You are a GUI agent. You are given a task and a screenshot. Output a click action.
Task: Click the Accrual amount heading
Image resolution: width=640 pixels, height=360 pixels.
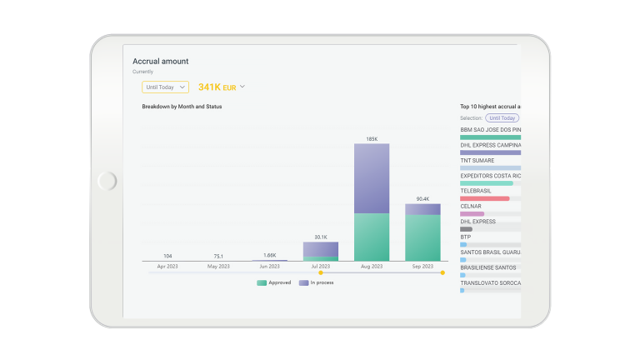[x=160, y=61]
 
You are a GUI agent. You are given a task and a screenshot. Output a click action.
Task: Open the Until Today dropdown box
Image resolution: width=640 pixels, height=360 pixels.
[x=165, y=87]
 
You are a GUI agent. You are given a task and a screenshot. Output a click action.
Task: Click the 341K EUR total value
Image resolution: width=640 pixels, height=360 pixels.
[x=217, y=87]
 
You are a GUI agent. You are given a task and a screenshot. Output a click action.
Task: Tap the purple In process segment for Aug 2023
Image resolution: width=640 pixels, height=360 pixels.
[x=372, y=178]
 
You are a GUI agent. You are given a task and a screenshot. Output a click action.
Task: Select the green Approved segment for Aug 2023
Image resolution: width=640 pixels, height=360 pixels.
[x=372, y=237]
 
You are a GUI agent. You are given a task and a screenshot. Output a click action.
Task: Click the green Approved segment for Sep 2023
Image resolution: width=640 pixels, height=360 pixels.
[x=422, y=238]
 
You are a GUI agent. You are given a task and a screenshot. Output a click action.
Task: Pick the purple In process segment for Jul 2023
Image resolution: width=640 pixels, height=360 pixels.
[x=320, y=249]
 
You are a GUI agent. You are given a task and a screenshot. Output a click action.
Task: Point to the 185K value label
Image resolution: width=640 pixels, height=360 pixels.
[x=372, y=139]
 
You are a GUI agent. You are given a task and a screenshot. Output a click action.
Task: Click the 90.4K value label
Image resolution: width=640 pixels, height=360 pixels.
[x=422, y=199]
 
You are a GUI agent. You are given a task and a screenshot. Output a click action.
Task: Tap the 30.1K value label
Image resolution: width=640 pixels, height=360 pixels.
[x=321, y=237]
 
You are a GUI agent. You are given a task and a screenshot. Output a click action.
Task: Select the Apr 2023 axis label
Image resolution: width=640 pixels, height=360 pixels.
[x=167, y=267]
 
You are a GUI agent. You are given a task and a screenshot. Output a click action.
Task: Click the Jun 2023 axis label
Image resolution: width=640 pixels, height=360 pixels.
[x=269, y=267]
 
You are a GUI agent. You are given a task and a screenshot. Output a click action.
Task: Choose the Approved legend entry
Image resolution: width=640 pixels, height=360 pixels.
[x=274, y=282]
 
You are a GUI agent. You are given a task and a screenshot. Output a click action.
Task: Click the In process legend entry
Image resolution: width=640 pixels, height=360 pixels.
[x=317, y=282]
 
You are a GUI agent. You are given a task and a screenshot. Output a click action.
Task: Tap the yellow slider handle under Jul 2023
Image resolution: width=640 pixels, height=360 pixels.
[x=321, y=272]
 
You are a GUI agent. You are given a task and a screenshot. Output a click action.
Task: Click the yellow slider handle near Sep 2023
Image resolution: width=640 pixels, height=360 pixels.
[x=442, y=272]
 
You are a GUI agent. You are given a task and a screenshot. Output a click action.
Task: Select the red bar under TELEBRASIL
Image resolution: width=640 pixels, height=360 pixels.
[x=485, y=199]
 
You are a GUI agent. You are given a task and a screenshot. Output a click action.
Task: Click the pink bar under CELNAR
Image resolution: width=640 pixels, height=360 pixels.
[x=472, y=214]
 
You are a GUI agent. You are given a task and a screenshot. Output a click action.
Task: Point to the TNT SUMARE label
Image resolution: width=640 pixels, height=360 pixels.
[x=477, y=160]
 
